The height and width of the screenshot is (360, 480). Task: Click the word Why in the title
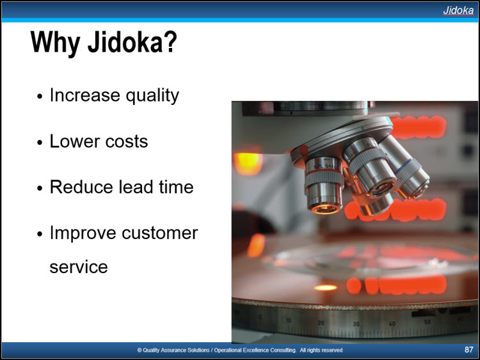56,43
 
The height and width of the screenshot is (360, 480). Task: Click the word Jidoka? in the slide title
132,42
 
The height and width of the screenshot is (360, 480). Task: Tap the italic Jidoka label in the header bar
458,10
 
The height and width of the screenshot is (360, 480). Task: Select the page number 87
468,350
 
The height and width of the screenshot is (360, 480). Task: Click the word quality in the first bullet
152,96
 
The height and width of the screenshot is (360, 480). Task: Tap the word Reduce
81,187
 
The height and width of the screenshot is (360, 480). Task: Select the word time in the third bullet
176,187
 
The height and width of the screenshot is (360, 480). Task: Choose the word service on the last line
79,267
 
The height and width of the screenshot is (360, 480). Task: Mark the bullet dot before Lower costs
40,143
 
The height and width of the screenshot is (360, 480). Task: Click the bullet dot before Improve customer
40,234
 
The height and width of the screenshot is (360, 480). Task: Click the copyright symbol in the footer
140,350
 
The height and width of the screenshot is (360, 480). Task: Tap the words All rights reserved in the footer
321,350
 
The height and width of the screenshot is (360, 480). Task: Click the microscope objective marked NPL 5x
324,185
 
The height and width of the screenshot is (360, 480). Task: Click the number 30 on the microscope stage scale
356,324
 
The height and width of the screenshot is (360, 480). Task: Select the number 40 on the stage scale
392,324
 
